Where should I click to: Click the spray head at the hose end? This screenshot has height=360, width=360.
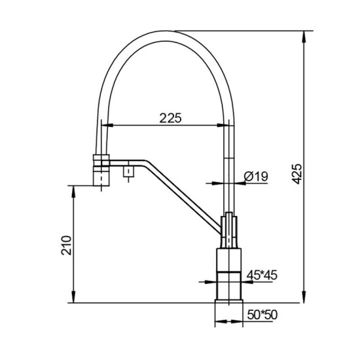click(100, 169)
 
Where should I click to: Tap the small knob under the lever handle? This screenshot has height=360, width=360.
click(129, 173)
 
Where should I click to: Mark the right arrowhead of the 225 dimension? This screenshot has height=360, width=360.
click(226, 125)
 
